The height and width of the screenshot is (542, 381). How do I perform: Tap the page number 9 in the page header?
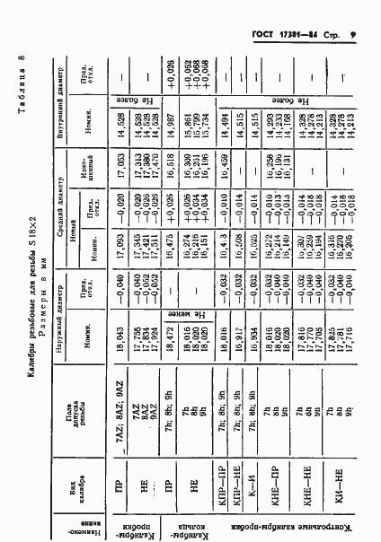coord(353,36)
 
